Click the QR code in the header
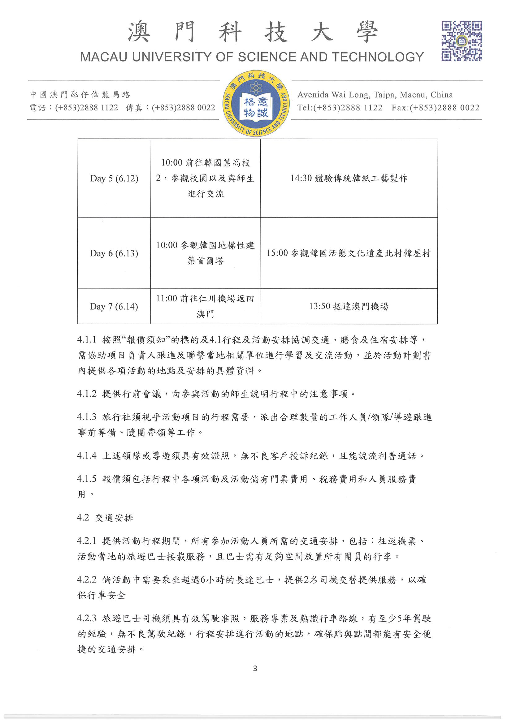click(461, 41)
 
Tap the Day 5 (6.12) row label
click(114, 179)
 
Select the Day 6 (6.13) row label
click(114, 253)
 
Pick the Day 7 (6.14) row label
click(114, 307)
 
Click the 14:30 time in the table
click(301, 179)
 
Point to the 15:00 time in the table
click(277, 253)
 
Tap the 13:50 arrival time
click(319, 306)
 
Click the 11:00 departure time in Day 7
click(167, 299)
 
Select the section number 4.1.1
click(86, 340)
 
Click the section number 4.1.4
click(86, 456)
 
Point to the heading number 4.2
click(83, 518)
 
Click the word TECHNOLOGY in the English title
click(378, 57)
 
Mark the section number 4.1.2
click(86, 394)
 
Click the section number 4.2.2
click(86, 580)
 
